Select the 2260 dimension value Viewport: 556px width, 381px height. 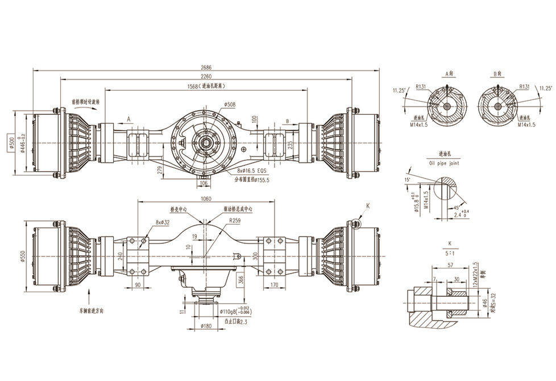pos(206,77)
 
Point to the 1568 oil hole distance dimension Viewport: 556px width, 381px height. pos(206,86)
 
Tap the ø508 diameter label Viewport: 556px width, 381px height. pos(230,105)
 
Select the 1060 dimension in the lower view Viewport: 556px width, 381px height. pos(206,198)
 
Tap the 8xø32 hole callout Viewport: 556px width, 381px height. pos(163,223)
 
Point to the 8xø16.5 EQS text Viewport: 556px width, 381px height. pos(250,169)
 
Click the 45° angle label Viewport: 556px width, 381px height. pos(456,208)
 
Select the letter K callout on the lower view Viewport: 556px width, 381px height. pos(368,207)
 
